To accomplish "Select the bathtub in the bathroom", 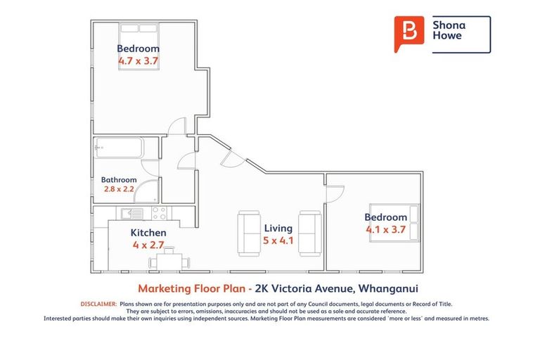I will pyautogui.click(x=117, y=148).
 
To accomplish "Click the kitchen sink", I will pyautogui.click(x=131, y=213).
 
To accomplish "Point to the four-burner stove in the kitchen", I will pyautogui.click(x=159, y=213).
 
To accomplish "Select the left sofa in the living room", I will pyautogui.click(x=249, y=233).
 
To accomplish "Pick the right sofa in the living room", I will pyautogui.click(x=309, y=233).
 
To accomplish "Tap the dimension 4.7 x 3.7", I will pyautogui.click(x=139, y=61).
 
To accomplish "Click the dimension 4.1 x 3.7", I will pyautogui.click(x=386, y=229).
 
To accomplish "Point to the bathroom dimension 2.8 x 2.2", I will pyautogui.click(x=118, y=190).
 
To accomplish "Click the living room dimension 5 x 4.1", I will pyautogui.click(x=278, y=240).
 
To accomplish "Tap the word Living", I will pyautogui.click(x=278, y=228).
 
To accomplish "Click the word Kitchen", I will pyautogui.click(x=148, y=232).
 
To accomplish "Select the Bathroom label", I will pyautogui.click(x=118, y=180).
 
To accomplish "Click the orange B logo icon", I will pyautogui.click(x=409, y=33).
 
